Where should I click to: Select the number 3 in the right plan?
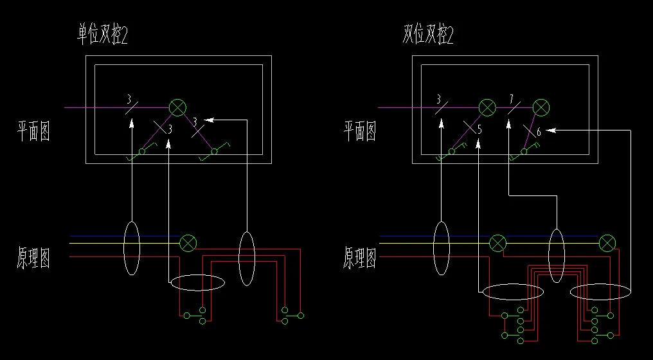(x=439, y=100)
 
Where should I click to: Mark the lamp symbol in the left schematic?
(x=188, y=242)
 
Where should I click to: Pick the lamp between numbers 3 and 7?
(x=487, y=107)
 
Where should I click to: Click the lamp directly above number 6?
(x=542, y=107)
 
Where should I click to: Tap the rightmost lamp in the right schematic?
(x=607, y=242)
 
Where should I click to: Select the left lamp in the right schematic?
(x=497, y=242)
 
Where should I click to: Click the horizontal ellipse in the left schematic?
(x=197, y=282)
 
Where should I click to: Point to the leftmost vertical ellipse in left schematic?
(x=132, y=248)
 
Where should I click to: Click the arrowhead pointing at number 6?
(x=551, y=130)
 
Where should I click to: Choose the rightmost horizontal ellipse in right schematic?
(x=600, y=292)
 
